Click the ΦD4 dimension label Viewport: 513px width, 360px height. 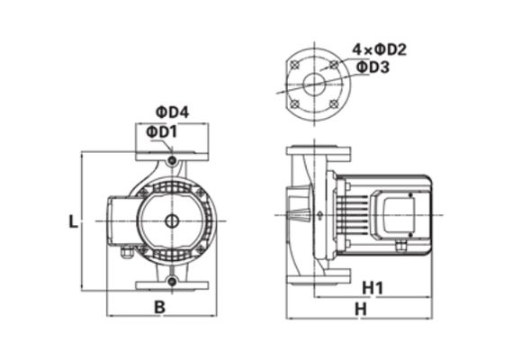170,112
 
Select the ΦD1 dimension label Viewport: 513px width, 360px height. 162,134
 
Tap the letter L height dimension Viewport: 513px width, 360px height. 73,220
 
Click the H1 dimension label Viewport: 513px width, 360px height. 373,288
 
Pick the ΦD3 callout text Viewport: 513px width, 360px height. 373,67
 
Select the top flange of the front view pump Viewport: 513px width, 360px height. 171,157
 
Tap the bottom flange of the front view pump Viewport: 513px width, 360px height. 171,286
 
